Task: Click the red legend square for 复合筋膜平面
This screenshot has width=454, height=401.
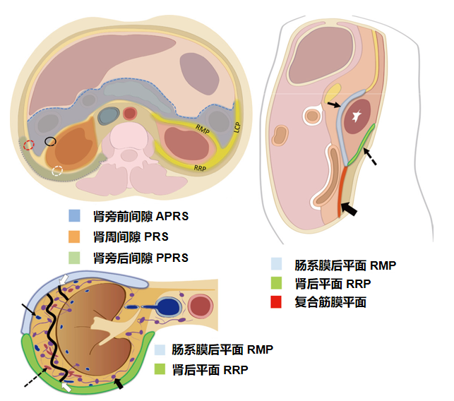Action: [277, 303]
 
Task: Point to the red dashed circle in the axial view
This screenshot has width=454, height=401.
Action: [28, 145]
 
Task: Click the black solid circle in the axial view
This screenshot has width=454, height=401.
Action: [50, 141]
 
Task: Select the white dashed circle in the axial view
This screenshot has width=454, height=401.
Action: [58, 170]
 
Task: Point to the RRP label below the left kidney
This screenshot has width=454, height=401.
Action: [204, 169]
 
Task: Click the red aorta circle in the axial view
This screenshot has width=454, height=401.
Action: [130, 113]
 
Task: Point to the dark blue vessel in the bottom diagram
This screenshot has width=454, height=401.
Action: [167, 307]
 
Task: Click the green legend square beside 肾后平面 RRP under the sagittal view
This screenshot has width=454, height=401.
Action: [277, 284]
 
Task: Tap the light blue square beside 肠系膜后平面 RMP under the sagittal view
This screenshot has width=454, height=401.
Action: [277, 265]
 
